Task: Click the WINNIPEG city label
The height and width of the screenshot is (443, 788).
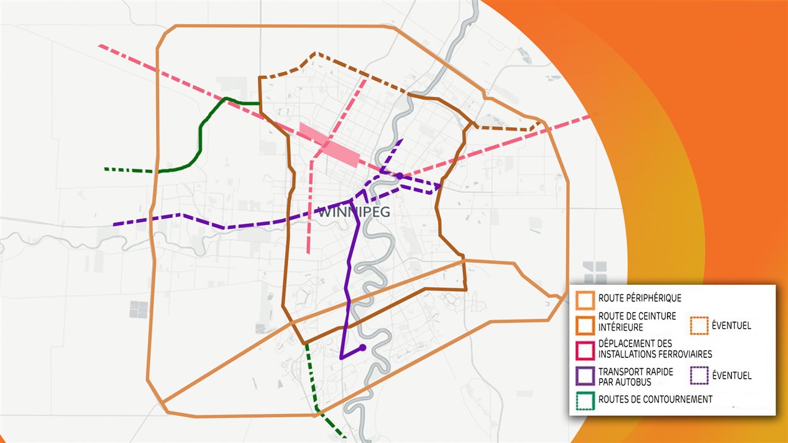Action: coord(354,212)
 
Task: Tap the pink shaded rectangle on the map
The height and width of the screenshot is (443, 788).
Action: coord(329,145)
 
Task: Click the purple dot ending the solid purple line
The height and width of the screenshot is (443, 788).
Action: coord(362,347)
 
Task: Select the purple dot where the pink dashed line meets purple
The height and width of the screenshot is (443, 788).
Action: coord(399,176)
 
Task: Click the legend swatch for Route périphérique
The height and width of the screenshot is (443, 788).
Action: coord(585,298)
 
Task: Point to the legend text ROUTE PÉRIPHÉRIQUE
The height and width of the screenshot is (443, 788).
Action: coord(640,298)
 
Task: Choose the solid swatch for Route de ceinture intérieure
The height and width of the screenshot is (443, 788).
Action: coord(585,324)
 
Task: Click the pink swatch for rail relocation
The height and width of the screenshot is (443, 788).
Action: coord(585,349)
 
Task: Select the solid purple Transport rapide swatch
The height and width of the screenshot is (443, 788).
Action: coord(585,376)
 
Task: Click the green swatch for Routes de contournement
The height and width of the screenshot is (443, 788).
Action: coord(585,400)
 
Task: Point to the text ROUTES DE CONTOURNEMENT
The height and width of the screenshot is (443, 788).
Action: coord(656,400)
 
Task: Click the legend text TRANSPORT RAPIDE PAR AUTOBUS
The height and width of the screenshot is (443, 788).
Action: coord(635,376)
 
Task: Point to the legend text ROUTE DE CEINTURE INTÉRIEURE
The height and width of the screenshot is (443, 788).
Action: coord(637,321)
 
